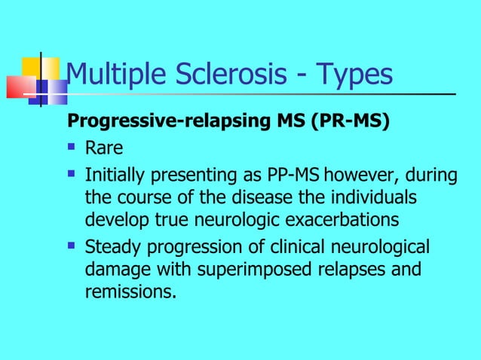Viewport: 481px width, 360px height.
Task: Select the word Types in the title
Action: (354, 75)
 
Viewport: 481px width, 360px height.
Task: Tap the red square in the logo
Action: (21, 87)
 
